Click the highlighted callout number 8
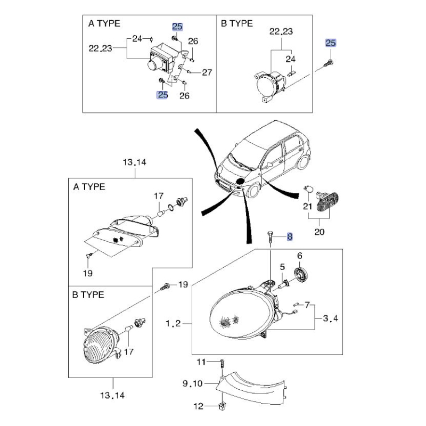tap(290, 236)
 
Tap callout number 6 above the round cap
tap(299, 256)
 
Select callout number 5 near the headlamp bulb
tap(282, 267)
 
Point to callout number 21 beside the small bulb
tap(307, 207)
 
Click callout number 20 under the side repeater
tap(319, 232)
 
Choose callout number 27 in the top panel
tap(207, 72)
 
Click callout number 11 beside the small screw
tap(201, 362)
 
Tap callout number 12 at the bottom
tap(198, 406)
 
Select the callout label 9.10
tap(192, 383)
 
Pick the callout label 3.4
tap(330, 318)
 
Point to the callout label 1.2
tap(173, 323)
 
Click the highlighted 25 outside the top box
tap(331, 43)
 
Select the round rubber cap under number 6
tap(300, 274)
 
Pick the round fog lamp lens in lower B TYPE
tap(97, 345)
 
